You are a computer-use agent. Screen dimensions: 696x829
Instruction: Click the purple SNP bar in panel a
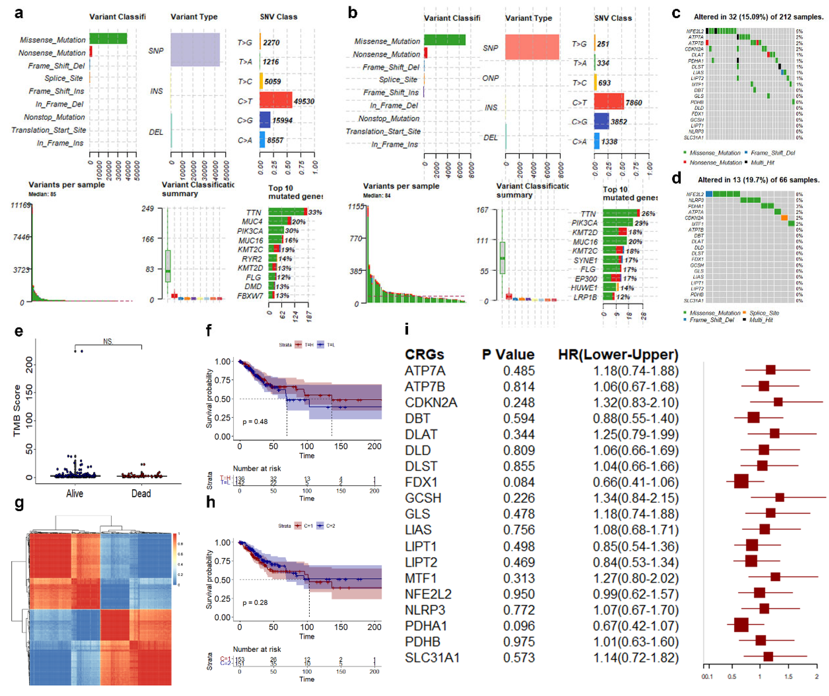point(195,50)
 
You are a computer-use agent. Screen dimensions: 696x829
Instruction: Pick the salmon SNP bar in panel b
point(532,47)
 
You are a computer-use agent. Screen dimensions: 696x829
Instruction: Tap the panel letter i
point(407,329)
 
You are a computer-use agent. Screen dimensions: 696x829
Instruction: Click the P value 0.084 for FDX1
point(519,482)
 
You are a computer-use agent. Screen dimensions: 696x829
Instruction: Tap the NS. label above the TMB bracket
point(108,341)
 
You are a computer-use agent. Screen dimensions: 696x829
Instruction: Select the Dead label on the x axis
point(141,493)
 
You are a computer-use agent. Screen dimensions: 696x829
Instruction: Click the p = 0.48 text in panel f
point(255,422)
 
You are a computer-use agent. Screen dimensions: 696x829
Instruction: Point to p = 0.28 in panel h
point(255,602)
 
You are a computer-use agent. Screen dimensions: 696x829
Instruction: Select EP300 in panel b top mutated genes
point(586,279)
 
